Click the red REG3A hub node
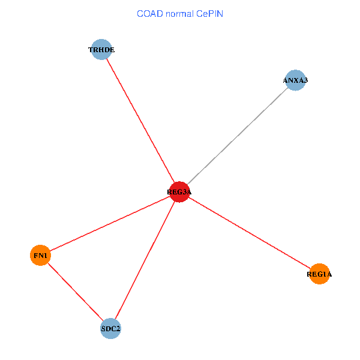pyautogui.click(x=179, y=192)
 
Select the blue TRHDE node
pyautogui.click(x=101, y=50)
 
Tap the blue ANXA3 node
pyautogui.click(x=295, y=80)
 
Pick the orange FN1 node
pyautogui.click(x=40, y=256)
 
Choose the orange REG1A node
pyautogui.click(x=319, y=274)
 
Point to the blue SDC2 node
pyautogui.click(x=110, y=328)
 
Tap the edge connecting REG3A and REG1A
pyautogui.click(x=249, y=233)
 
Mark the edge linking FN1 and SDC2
pyautogui.click(x=75, y=292)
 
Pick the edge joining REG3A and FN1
pyautogui.click(x=110, y=224)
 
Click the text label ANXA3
pyautogui.click(x=295, y=80)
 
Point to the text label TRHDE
pyautogui.click(x=101, y=50)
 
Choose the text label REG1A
pyautogui.click(x=319, y=274)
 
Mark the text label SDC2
pyautogui.click(x=110, y=328)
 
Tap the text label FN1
pyautogui.click(x=40, y=256)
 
